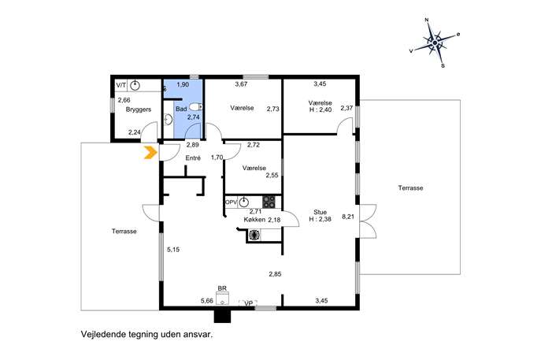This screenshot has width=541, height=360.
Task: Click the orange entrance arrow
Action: (150, 153)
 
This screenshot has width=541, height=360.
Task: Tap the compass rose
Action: (435, 43)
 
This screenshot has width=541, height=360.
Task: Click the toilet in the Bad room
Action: (195, 107)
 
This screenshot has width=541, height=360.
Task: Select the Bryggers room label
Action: (139, 109)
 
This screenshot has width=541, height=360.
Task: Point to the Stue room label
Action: (320, 212)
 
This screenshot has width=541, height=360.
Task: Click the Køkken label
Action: (254, 220)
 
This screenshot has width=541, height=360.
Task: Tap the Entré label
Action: (193, 158)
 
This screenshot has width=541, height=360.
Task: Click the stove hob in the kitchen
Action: (269, 202)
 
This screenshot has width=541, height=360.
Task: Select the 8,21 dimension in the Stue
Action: (348, 217)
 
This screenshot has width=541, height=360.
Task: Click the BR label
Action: (222, 288)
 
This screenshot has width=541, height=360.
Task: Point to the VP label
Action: (248, 303)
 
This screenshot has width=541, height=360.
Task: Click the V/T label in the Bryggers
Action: (121, 85)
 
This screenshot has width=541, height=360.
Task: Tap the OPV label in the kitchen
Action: (232, 202)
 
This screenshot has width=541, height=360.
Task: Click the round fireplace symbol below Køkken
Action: (254, 235)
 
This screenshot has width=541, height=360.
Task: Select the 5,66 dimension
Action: (207, 301)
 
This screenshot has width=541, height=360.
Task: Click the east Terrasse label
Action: (410, 187)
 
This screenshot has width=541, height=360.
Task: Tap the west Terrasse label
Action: (124, 232)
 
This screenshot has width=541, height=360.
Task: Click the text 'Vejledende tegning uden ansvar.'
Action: (147, 334)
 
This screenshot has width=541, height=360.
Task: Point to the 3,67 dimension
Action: (241, 84)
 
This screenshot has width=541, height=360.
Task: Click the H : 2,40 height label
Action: (320, 109)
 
